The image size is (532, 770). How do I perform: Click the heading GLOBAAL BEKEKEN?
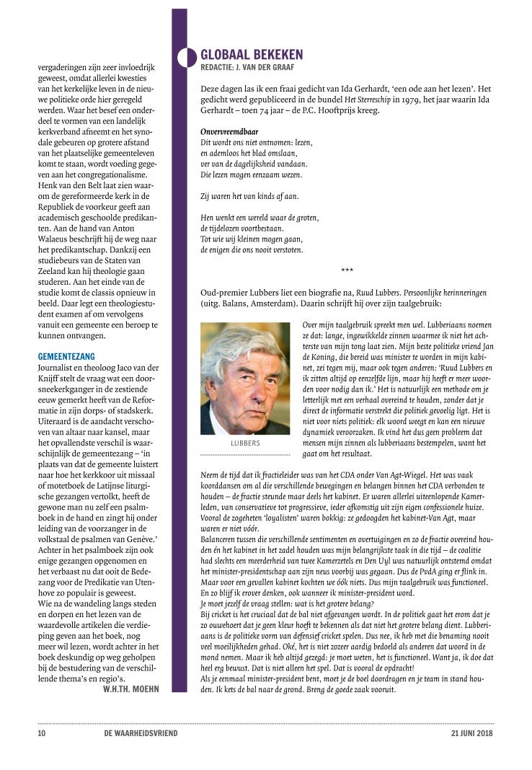252,55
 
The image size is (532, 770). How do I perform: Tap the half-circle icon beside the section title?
188,57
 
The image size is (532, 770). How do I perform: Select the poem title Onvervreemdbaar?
229,132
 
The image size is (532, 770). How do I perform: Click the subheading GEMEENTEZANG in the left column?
66,356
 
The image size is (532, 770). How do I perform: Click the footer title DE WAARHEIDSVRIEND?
141,734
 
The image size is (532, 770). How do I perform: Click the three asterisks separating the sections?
347,270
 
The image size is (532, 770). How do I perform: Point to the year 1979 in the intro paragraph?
394,101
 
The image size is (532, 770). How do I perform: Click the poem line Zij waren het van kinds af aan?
249,196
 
